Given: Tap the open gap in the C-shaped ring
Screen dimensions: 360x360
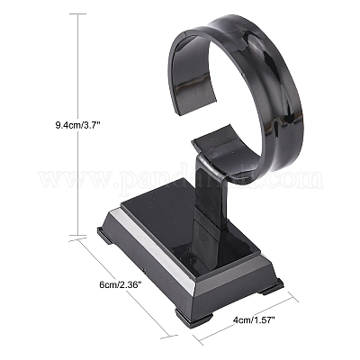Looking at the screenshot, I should point(180,99).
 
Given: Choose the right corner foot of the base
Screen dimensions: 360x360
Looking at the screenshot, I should point(273,287).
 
